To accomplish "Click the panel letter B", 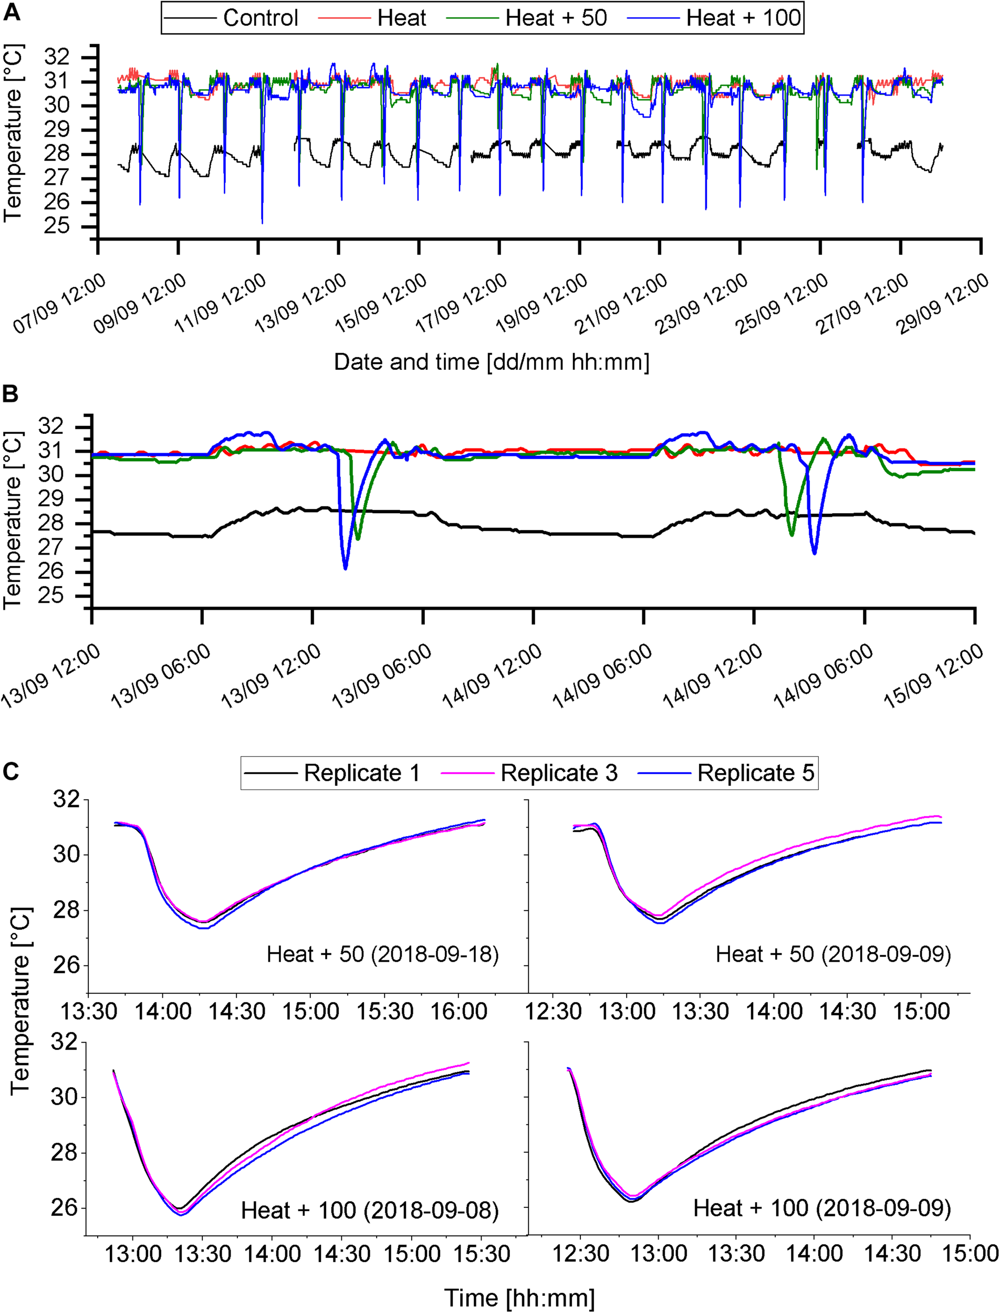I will (10, 394).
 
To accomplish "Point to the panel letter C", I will (10, 772).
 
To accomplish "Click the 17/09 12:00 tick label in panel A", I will (462, 303).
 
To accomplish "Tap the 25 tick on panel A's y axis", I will (57, 226).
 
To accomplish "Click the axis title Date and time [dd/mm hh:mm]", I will (491, 362).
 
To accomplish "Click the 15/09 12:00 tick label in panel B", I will (933, 678).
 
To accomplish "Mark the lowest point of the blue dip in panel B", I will (345, 569).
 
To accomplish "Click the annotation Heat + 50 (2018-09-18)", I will (382, 954).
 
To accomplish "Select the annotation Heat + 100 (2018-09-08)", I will (369, 1210).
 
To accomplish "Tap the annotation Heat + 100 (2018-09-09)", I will (821, 1208).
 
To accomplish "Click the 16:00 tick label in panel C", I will (459, 1011).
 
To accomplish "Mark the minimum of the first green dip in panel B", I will (358, 539).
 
